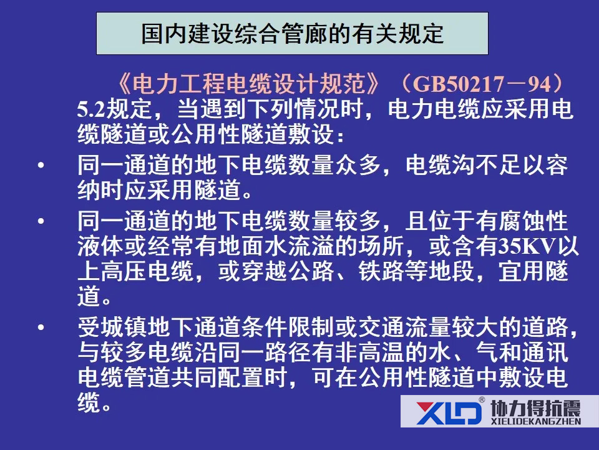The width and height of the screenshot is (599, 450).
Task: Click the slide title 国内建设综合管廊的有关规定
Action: tap(292, 34)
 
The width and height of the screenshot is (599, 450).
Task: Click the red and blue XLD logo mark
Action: tap(449, 412)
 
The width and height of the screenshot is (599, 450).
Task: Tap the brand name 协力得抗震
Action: tap(535, 408)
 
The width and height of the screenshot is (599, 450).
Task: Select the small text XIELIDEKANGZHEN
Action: tap(535, 421)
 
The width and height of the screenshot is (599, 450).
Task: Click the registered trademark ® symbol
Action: tap(482, 400)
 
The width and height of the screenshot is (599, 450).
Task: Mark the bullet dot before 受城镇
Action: tap(41, 327)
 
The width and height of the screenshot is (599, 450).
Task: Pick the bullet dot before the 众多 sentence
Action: tap(41, 165)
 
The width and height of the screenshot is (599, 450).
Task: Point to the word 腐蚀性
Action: tap(533, 221)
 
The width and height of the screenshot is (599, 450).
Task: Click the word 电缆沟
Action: tap(441, 165)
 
